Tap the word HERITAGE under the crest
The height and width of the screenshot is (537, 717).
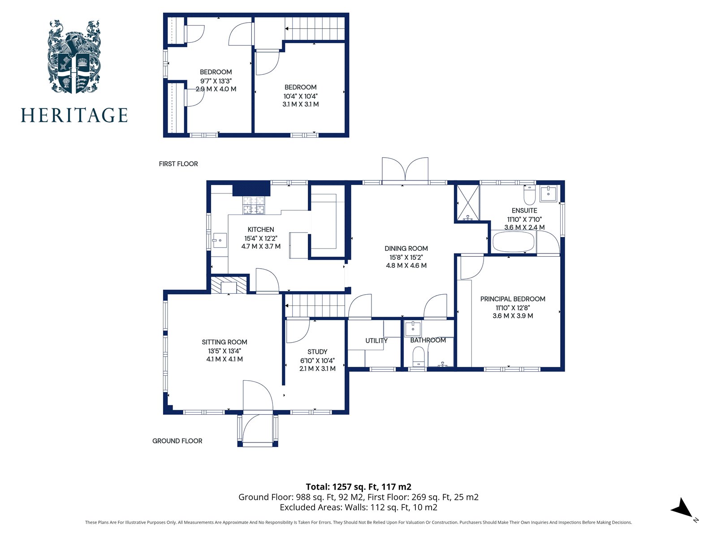click(74, 116)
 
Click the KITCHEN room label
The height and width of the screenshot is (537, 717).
click(261, 229)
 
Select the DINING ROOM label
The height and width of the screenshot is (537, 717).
click(406, 248)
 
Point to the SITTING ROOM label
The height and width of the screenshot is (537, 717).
click(225, 342)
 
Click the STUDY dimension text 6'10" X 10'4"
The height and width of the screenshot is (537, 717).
click(317, 361)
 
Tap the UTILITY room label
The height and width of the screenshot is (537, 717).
click(376, 340)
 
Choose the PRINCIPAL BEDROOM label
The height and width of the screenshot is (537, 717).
click(513, 299)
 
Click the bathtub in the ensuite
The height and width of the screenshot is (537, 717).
click(514, 242)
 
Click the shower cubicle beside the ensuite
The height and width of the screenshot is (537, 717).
click(468, 203)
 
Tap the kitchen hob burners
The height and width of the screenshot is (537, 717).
click(254, 205)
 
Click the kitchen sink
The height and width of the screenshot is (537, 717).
click(219, 241)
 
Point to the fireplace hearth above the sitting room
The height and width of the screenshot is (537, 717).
click(229, 285)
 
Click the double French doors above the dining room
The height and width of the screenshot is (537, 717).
click(405, 170)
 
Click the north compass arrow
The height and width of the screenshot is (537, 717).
click(683, 509)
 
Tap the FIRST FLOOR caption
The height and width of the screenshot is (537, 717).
click(178, 164)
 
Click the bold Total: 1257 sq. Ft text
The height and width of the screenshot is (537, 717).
click(358, 486)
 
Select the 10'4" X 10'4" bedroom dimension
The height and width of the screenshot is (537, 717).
click(300, 96)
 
